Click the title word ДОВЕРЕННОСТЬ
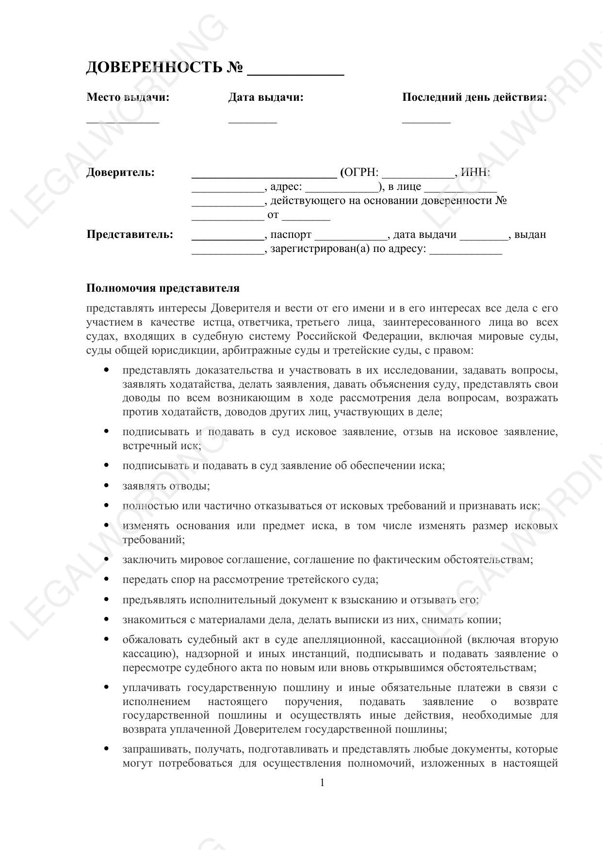tap(154, 67)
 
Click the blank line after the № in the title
tap(295, 74)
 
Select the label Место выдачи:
tap(128, 97)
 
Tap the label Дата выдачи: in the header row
tap(266, 97)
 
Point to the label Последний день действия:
tap(474, 97)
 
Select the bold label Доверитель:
tap(121, 173)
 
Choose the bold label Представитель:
tap(130, 235)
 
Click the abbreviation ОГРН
tap(361, 173)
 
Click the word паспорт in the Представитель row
tap(291, 235)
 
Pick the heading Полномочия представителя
tap(163, 288)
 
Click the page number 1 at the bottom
tap(322, 783)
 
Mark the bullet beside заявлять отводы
tap(106, 485)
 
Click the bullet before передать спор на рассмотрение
tap(106, 579)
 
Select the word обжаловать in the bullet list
tap(150, 640)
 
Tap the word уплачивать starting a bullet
tap(151, 688)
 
